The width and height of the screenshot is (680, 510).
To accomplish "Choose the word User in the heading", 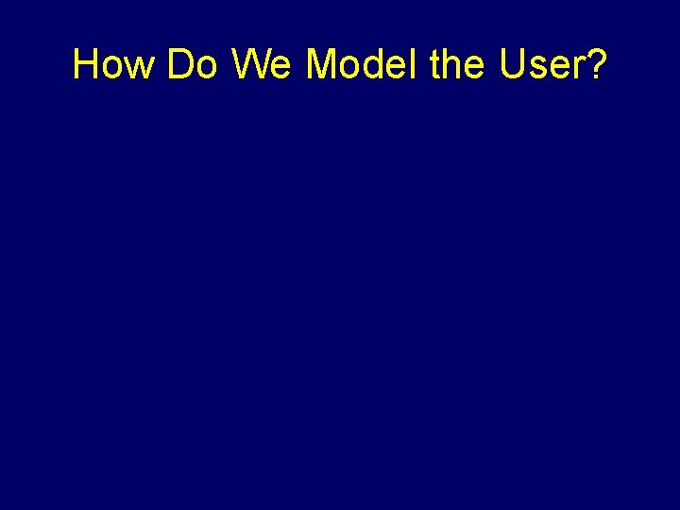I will pos(540,64).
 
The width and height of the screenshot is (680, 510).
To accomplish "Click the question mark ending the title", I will pos(595,64).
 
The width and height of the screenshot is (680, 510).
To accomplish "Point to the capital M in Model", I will pos(322,64).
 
